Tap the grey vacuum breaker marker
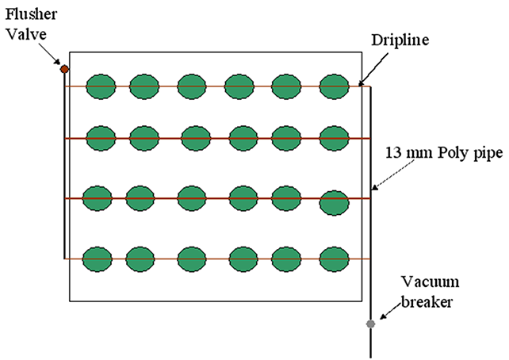coord(370,324)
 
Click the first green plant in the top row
coord(100,86)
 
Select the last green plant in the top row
coord(334,86)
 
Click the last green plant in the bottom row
coord(334,258)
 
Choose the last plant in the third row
coord(334,202)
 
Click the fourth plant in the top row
coord(239,86)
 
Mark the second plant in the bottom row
coord(140,258)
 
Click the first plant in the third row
coord(97,197)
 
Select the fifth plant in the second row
coord(286,137)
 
